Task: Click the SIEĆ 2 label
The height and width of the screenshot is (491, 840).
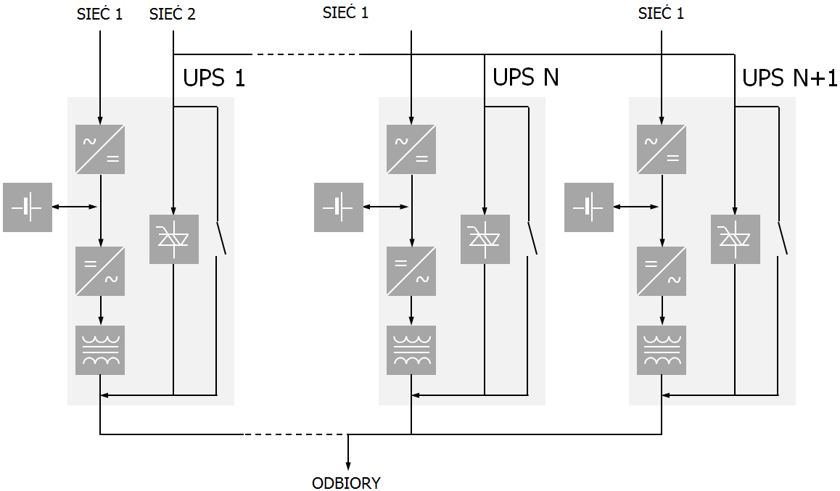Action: (x=172, y=14)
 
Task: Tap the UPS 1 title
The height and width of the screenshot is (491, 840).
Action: (x=214, y=77)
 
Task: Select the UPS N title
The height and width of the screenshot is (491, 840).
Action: (x=526, y=77)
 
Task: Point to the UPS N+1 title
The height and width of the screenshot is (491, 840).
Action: (x=790, y=77)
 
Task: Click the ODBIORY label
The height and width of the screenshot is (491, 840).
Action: (x=346, y=483)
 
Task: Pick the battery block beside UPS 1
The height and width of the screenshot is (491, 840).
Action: (x=28, y=207)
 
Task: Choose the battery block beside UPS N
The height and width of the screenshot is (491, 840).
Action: (x=339, y=207)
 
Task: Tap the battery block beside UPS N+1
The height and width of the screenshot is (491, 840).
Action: (x=589, y=207)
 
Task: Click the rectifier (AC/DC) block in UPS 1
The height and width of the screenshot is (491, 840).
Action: (x=100, y=149)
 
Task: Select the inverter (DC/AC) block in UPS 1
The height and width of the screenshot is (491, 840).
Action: (x=100, y=271)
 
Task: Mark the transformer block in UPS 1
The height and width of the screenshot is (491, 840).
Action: (x=100, y=350)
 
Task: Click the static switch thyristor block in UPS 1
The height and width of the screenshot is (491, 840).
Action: (x=174, y=239)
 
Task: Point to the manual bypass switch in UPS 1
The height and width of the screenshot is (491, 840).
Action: (x=221, y=238)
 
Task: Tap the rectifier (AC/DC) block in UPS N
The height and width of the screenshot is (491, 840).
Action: (x=411, y=149)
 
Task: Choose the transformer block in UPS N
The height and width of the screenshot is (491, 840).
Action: (x=411, y=350)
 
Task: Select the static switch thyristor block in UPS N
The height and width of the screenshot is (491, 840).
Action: (x=485, y=239)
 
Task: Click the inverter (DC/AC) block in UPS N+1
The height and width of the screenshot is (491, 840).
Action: (x=662, y=271)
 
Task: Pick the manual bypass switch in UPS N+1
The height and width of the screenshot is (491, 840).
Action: (x=782, y=238)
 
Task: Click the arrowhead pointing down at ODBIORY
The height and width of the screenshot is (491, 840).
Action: (x=349, y=466)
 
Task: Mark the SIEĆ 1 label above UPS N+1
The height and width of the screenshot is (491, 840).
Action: (x=661, y=13)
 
